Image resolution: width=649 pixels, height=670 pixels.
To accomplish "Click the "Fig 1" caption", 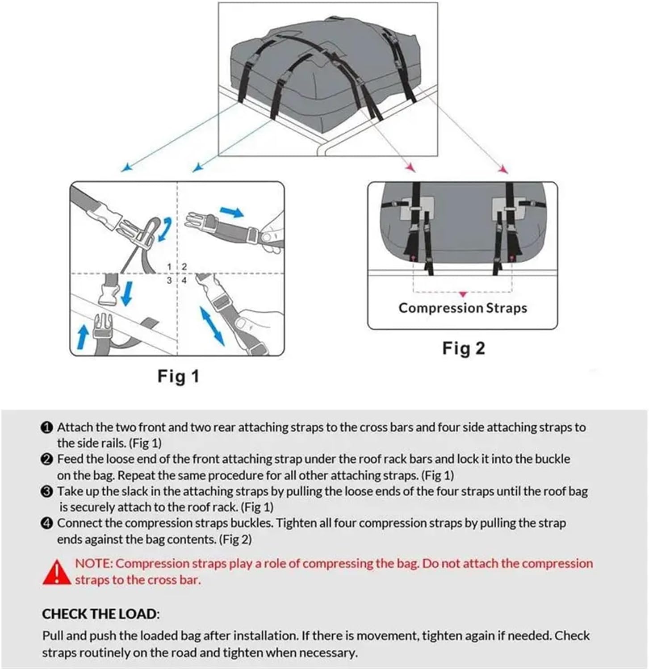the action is (x=178, y=376).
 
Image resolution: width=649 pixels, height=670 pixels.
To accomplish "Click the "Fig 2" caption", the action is (x=463, y=348).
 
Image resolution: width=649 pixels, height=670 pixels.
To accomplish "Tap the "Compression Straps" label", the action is (x=462, y=308).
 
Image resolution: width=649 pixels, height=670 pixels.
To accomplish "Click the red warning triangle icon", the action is (x=57, y=573).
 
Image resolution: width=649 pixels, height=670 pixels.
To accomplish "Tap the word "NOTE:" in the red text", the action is (x=94, y=564).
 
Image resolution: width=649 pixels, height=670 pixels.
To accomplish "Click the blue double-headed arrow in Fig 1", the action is (x=212, y=326).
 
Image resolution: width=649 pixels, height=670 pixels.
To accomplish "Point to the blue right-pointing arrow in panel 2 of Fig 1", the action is (x=232, y=212).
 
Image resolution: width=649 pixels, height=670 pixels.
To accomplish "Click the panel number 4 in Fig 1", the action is (x=184, y=281).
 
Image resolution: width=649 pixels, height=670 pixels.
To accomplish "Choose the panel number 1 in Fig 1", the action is (x=169, y=267).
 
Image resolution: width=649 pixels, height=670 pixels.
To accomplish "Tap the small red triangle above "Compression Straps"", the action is (x=463, y=294).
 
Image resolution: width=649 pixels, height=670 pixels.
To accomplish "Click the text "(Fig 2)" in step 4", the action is (x=235, y=540).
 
